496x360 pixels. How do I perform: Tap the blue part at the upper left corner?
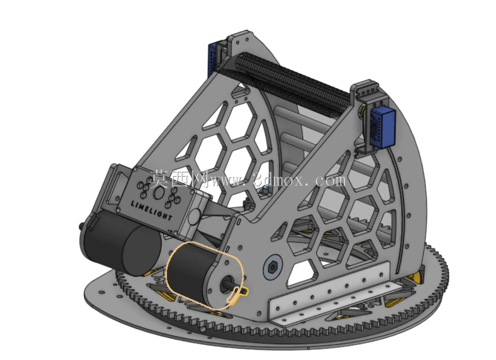212,60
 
